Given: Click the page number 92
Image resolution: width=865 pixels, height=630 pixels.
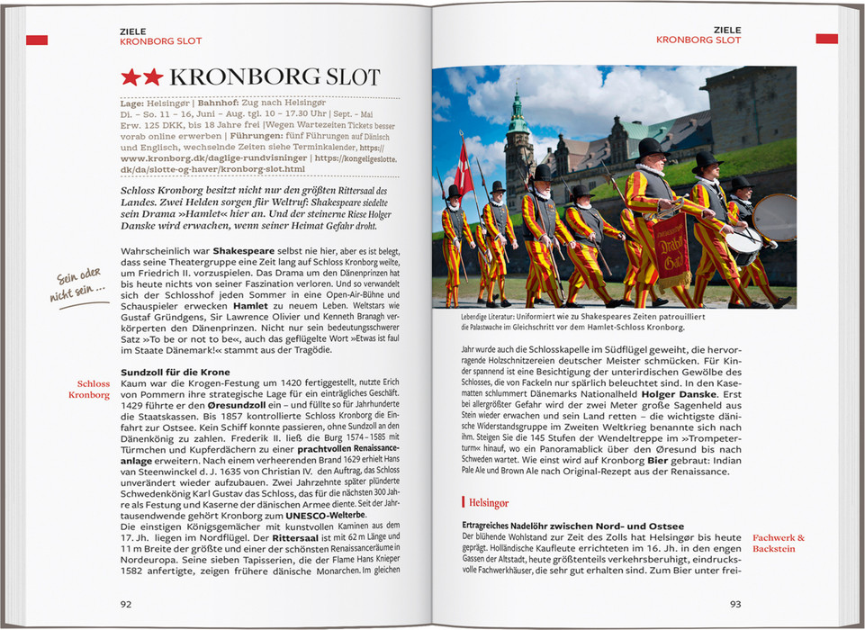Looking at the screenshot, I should (126, 604).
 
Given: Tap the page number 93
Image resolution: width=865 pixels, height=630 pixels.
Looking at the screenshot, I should (735, 604).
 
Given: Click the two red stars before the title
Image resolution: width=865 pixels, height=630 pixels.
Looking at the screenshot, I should (142, 77).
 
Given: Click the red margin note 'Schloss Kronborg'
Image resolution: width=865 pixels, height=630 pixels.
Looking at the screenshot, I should (94, 389).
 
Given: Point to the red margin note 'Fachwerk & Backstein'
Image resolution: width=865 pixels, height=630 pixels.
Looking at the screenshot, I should (779, 543).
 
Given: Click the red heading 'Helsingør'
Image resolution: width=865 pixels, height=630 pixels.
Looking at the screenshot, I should (488, 502).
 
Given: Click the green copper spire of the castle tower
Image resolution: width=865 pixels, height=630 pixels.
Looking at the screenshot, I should (518, 111).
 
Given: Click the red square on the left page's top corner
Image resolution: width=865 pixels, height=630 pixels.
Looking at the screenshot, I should (37, 40).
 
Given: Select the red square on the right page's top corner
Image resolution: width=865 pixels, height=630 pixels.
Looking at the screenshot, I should (826, 39).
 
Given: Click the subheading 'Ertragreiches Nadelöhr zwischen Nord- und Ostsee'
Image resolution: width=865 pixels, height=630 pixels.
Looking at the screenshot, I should (572, 526).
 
